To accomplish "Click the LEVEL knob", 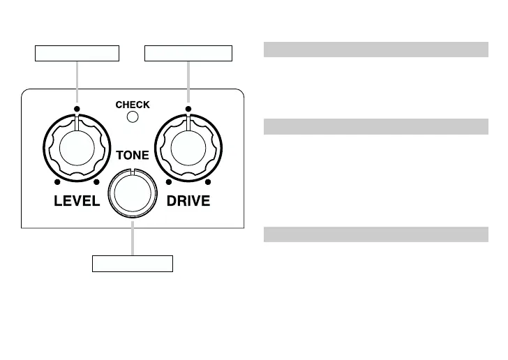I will pos(77,148).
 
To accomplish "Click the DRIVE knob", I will pos(188,148).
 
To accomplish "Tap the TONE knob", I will pos(132,194).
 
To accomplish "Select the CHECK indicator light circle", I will pos(132,117).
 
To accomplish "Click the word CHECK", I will pos(133,105).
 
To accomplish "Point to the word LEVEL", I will pos(77,202).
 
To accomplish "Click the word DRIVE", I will pos(188,202).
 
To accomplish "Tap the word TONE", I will pos(133,156).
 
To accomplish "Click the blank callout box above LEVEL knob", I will pos(77,53).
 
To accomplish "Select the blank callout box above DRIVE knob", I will pos(188,53).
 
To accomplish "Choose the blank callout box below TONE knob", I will pos(133,264).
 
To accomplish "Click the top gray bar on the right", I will pos(375,49).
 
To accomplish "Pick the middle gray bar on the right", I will pos(375,126).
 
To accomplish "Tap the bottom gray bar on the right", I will pos(375,234).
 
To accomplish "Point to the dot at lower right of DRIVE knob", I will pos(208,183).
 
